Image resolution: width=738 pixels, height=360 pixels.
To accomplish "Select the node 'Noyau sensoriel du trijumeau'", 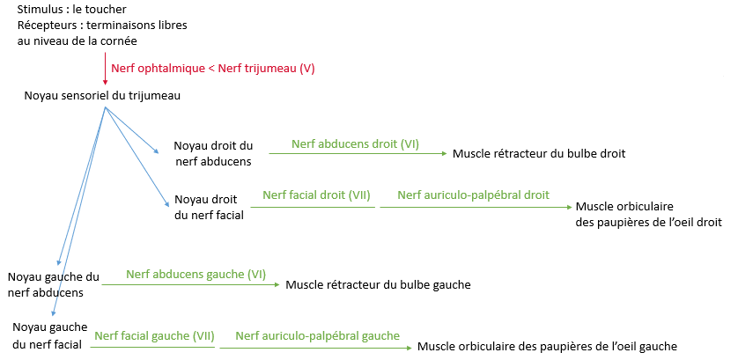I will pos(102,95).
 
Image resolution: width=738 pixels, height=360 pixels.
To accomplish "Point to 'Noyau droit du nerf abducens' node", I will pos(213,153).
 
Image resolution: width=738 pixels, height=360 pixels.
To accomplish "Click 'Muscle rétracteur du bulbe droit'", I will pos(539,153).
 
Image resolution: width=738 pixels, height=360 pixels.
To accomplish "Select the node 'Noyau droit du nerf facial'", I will pos(209,206).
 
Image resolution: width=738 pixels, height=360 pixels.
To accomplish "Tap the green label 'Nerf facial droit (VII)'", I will pos(314,195).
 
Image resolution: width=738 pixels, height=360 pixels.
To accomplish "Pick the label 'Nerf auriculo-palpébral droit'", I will pos(473,195).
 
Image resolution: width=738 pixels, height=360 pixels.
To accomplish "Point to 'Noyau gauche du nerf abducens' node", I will pos(52,284).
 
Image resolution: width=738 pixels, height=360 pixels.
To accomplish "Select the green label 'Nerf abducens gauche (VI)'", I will pos(196,274).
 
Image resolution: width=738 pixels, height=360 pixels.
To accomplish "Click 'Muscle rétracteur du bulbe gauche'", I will pos(379,284).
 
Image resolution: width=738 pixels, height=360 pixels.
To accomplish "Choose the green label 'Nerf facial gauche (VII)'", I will pos(154,335).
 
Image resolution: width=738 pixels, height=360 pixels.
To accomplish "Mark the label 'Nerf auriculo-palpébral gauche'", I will pos(317,335).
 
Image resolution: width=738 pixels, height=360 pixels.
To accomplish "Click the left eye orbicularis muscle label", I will pos(548,346).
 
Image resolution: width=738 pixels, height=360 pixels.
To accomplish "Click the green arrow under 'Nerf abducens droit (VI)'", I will pos(358,154).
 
